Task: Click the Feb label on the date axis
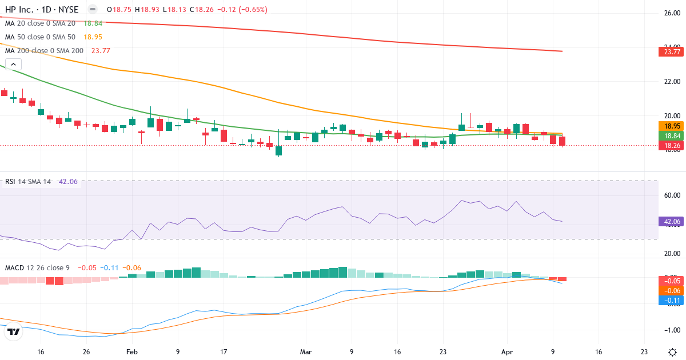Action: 132,352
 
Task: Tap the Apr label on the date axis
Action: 506,352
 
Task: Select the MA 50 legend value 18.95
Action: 93,37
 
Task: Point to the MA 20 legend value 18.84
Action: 93,23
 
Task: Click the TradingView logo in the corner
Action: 14,331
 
